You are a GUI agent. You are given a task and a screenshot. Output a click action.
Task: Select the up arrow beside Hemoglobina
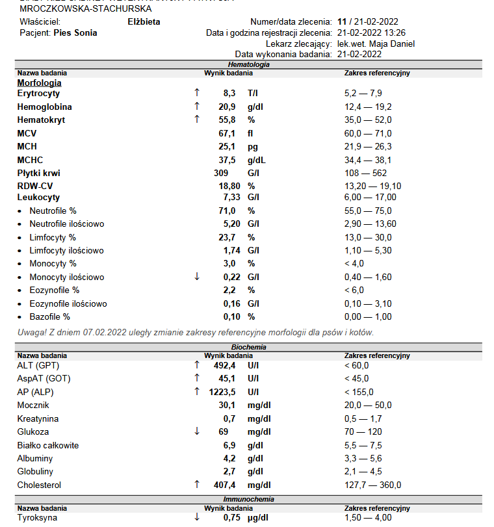tap(197, 107)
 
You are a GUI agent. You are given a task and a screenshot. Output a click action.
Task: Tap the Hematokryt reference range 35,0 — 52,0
tap(367, 120)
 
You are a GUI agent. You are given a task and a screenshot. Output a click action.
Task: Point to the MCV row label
tap(27, 133)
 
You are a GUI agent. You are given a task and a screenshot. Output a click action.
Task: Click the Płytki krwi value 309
tap(221, 173)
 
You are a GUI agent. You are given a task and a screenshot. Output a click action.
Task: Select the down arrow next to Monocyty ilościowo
tap(197, 277)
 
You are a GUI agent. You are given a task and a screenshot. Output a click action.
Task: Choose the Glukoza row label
tap(33, 431)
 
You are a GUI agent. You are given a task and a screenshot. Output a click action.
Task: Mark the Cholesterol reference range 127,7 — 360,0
tap(372, 485)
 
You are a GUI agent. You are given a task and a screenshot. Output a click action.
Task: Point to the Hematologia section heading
tap(248, 65)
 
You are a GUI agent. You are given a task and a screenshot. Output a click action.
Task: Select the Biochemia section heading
tap(248, 348)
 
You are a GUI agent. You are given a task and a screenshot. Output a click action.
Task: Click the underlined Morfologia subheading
tap(39, 83)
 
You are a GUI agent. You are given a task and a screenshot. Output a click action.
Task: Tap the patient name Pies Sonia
tap(75, 32)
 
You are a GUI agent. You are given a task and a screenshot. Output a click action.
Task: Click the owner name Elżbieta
tap(144, 21)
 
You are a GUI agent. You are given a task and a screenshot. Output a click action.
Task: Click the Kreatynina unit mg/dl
tap(259, 418)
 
